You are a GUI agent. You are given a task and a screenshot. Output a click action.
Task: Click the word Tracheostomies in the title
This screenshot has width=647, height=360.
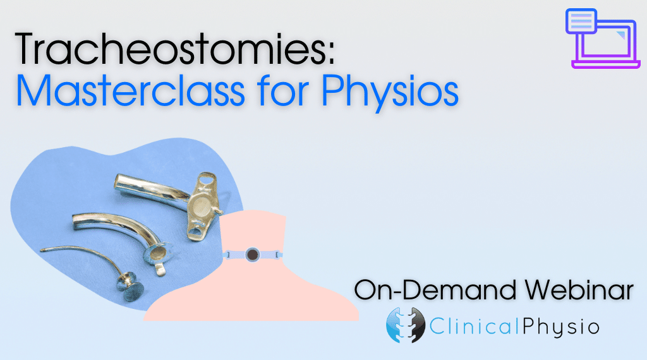pos(169,49)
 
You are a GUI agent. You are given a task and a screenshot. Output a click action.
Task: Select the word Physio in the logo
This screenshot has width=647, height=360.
pos(561,328)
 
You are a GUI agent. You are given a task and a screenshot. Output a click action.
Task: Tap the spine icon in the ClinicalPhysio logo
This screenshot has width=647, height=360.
pos(406,325)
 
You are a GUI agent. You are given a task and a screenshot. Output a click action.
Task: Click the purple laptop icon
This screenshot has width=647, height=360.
pos(603,39)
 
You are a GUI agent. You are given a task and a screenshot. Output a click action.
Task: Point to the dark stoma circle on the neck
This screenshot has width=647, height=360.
pos(251,255)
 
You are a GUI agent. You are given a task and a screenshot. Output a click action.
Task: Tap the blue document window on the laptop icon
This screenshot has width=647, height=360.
pos(582,20)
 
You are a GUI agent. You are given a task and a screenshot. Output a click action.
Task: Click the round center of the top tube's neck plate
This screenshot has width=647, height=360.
pos(200,206)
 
